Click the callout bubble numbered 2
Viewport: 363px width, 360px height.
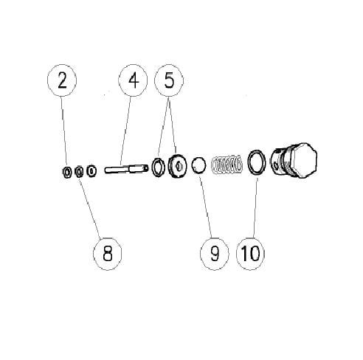point(62,80)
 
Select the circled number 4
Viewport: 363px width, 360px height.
point(133,80)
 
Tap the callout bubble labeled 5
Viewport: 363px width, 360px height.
point(169,80)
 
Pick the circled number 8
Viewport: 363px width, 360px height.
point(108,254)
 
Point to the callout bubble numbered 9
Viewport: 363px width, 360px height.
point(215,254)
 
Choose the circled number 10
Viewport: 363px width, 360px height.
point(250,254)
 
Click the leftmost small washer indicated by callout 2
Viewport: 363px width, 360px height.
point(66,172)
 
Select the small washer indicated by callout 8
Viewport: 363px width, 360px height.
point(78,172)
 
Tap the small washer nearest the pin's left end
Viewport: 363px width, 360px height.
point(91,170)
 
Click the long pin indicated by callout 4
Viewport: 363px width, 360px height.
point(126,169)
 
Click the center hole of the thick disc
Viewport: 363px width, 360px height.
point(178,166)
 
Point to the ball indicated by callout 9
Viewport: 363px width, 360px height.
point(198,165)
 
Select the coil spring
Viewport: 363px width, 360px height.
point(227,165)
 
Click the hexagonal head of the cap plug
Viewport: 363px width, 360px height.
point(305,159)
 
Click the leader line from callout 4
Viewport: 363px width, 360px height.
point(125,131)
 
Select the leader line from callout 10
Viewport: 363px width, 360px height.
point(255,208)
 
